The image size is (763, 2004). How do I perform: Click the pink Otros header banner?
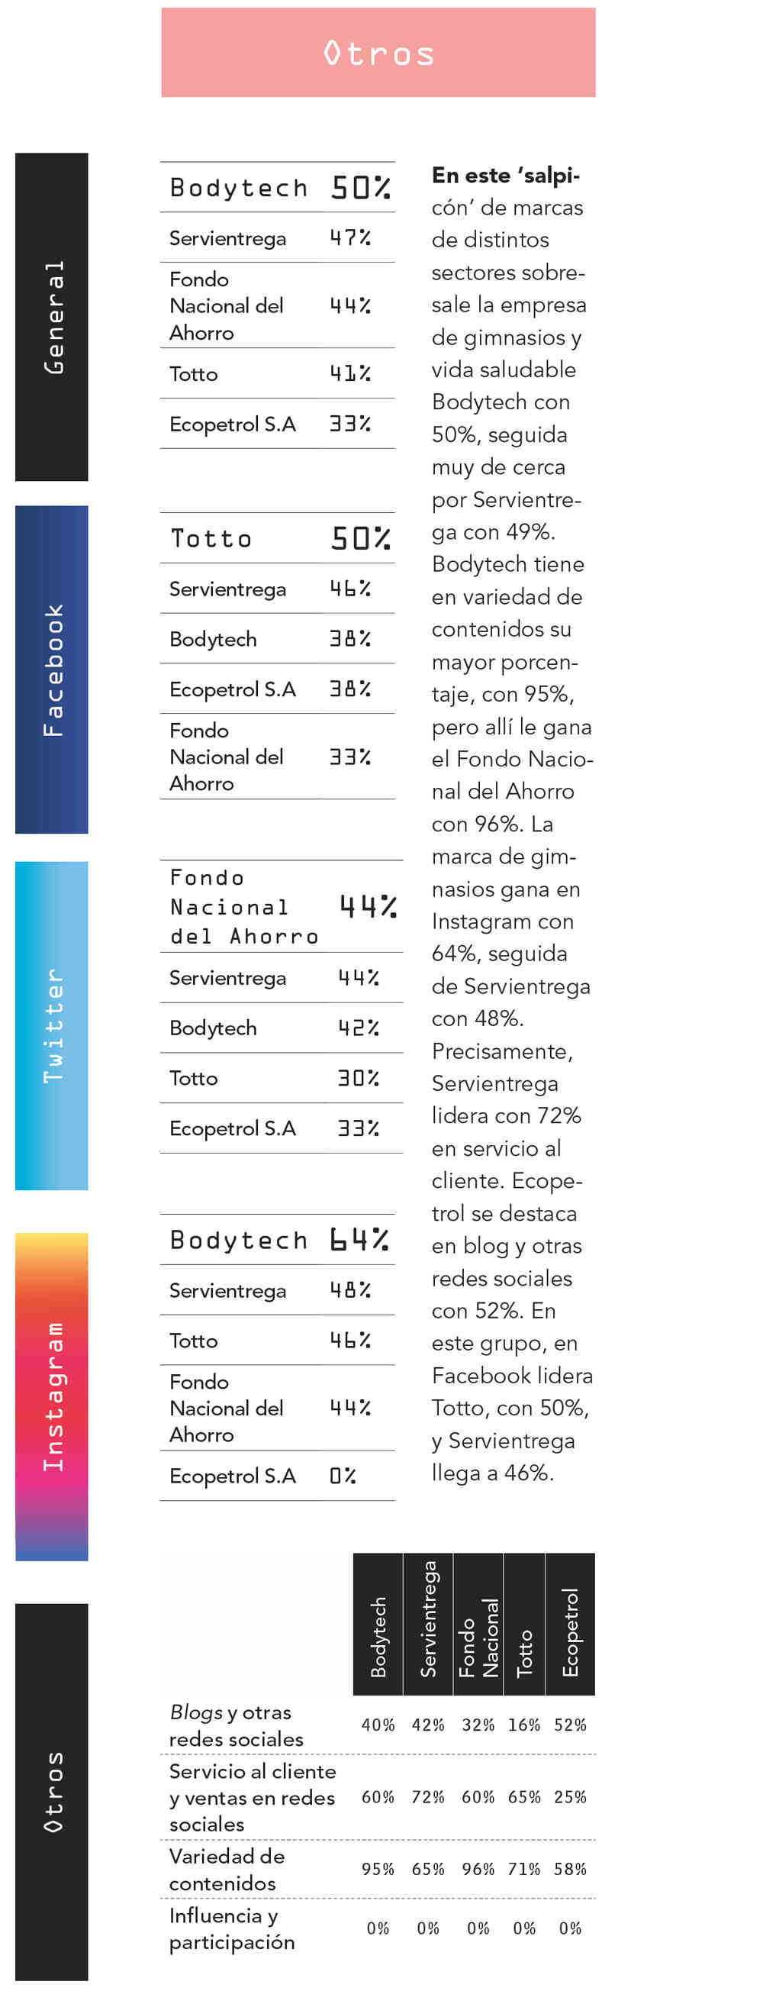378,53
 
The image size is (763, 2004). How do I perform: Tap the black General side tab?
51,317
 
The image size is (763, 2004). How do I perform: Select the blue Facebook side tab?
51,669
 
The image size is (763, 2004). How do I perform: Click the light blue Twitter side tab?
51,1025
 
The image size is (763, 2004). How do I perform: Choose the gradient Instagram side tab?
51,1396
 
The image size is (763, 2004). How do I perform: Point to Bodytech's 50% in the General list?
360,188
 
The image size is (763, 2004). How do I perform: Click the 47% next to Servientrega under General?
350,237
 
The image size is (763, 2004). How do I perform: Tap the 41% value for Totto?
350,373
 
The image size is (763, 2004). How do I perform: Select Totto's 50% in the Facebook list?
360,538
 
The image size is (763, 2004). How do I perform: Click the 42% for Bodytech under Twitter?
358,1028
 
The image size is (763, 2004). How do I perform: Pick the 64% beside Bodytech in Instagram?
359,1239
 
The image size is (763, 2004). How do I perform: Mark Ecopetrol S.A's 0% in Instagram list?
343,1476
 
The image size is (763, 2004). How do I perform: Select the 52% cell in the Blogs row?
570,1725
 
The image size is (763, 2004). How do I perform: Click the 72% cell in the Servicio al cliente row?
428,1797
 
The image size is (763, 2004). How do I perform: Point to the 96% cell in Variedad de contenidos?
478,1869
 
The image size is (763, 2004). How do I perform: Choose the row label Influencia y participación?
232,1928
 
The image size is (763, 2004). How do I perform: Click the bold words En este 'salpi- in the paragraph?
506,176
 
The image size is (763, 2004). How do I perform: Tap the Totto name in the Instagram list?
194,1341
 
